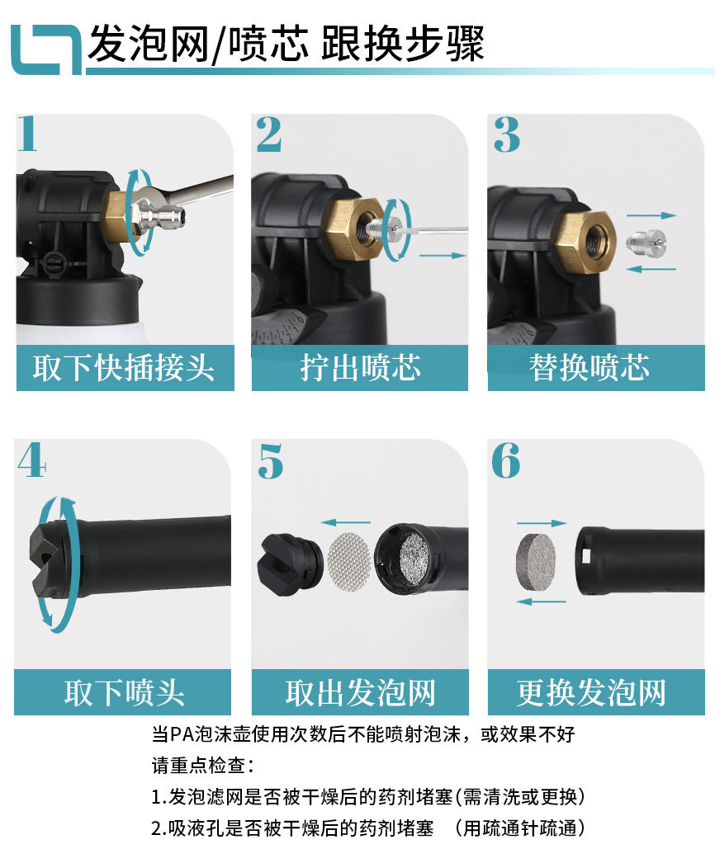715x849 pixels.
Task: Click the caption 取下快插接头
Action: coord(124,368)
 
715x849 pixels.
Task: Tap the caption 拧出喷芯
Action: coord(360,368)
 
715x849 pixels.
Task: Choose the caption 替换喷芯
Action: coord(590,368)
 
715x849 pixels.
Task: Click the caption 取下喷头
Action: coord(124,692)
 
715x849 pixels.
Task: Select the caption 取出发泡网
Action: coord(360,692)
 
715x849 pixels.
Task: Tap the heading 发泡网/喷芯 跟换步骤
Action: coord(286,43)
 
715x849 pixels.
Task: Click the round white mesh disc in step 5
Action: coord(347,559)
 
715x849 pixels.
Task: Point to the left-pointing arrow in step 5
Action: coord(345,521)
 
